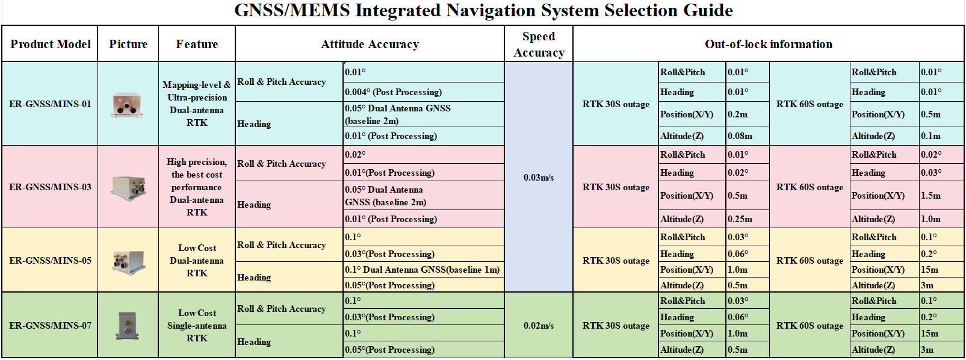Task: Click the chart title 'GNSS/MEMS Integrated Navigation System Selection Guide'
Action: (x=483, y=10)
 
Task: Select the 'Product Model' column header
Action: (x=51, y=44)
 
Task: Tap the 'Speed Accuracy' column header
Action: (x=539, y=45)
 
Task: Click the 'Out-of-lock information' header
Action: (x=769, y=44)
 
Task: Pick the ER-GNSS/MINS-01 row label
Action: (x=50, y=104)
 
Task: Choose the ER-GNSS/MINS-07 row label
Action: (x=50, y=326)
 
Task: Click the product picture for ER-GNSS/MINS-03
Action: (x=129, y=188)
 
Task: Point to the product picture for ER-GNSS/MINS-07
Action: (x=128, y=326)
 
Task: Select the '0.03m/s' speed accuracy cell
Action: (x=539, y=177)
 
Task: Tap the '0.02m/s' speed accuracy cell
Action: (x=539, y=326)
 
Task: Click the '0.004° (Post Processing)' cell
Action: (x=393, y=92)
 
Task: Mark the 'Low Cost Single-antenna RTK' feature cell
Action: (x=197, y=326)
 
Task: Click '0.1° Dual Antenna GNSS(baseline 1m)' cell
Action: (x=422, y=270)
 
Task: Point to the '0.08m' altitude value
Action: (x=740, y=136)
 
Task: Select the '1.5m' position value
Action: (x=930, y=195)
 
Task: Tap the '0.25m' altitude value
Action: (x=740, y=219)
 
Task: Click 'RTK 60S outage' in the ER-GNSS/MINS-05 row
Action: (x=810, y=261)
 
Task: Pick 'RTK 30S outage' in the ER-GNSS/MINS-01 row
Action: (x=616, y=104)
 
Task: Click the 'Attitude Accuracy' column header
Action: (x=370, y=44)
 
